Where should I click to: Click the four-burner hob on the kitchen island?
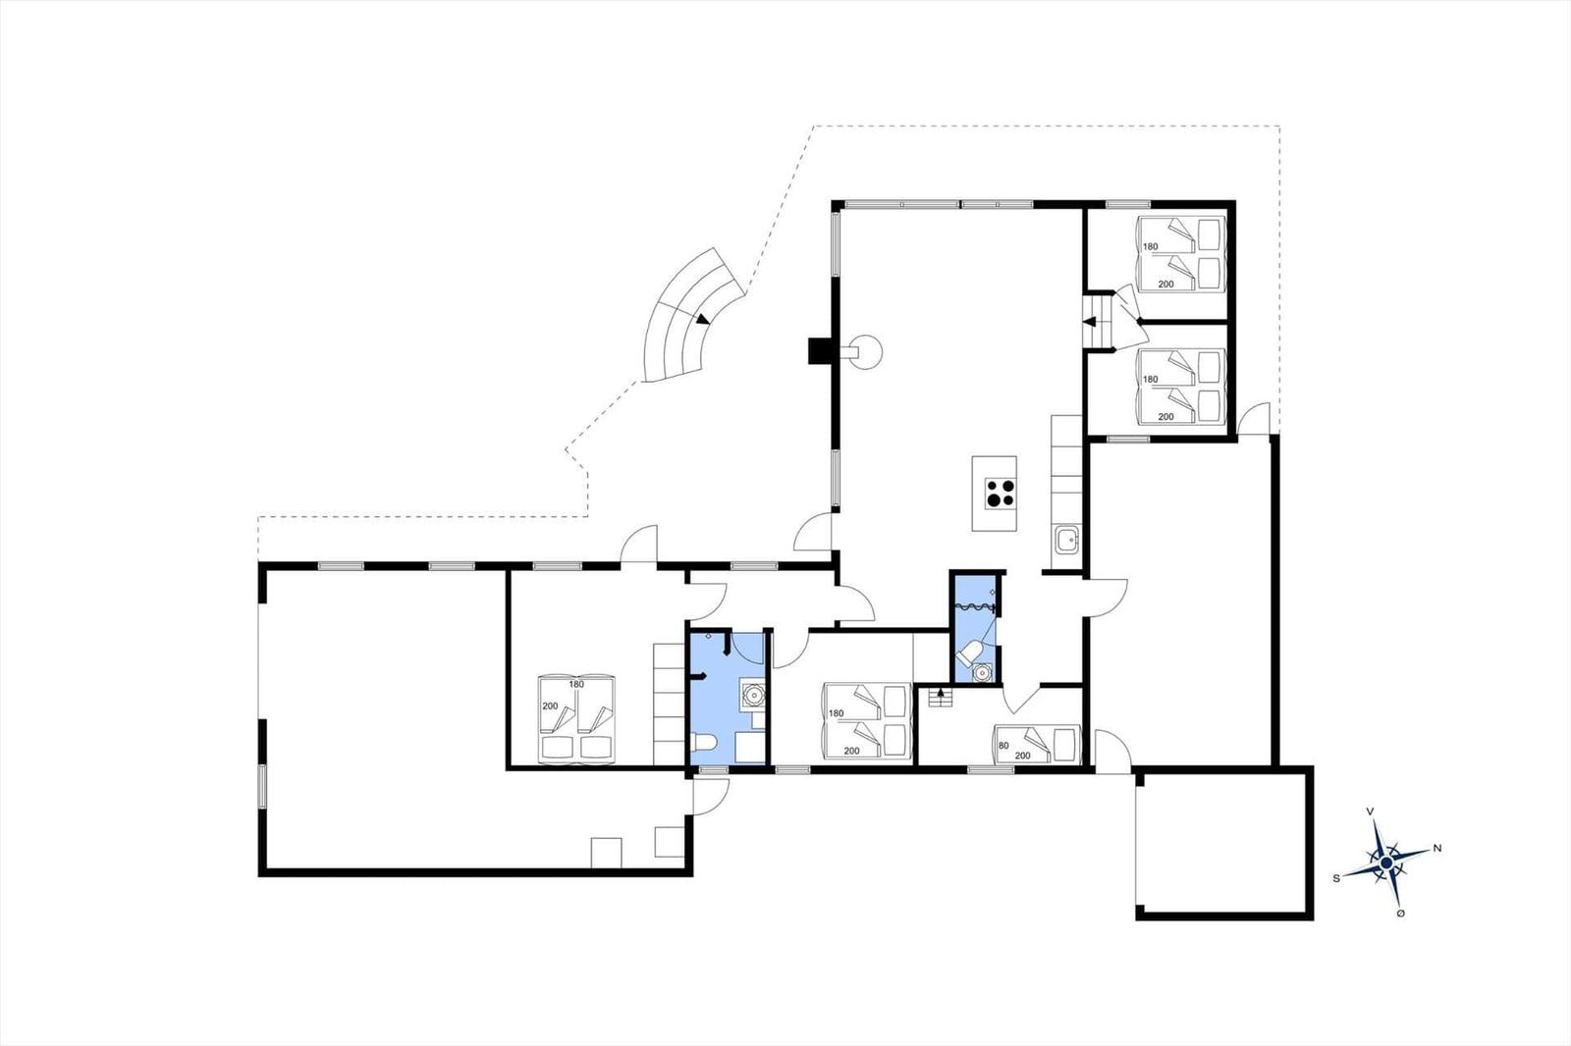1001,493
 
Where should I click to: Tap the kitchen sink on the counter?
1066,541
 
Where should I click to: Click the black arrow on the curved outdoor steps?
702,319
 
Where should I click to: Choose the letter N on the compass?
1437,849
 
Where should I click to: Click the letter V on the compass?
1370,811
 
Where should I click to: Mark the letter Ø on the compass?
1400,914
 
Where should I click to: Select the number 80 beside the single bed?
1003,745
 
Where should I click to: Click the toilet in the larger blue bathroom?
703,742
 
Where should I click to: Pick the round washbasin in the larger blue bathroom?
753,694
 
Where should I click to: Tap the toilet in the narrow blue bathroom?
968,654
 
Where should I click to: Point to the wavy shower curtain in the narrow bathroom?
973,606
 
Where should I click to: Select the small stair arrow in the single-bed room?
942,694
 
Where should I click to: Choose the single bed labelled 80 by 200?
1037,745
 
